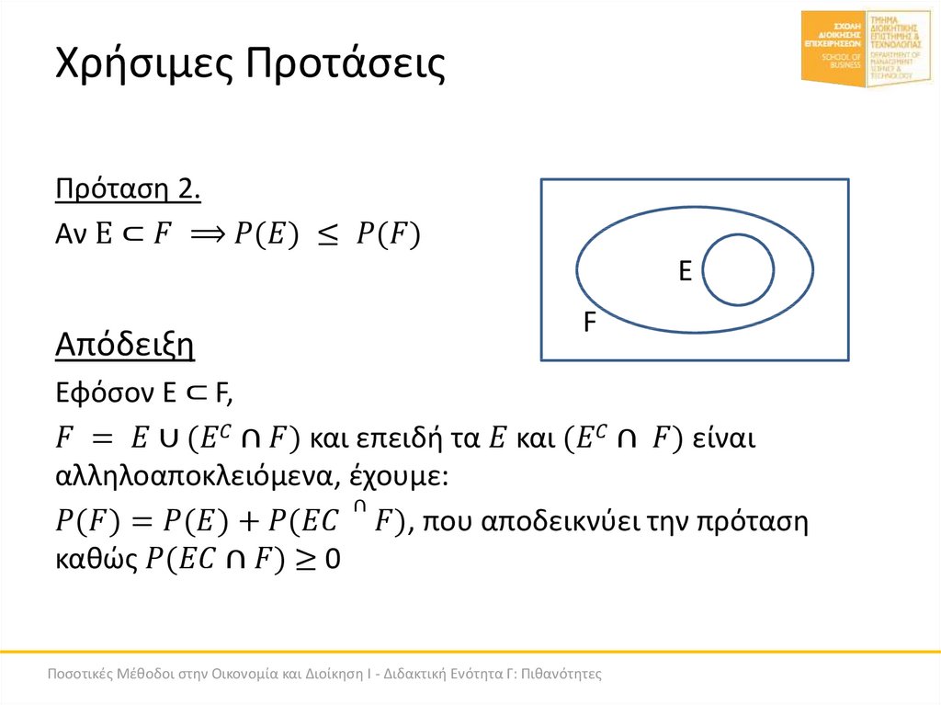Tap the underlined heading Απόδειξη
124,347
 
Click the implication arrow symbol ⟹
211,236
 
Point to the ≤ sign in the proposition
326,237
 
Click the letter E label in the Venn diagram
684,271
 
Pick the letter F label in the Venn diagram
590,323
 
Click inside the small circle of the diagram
738,269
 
